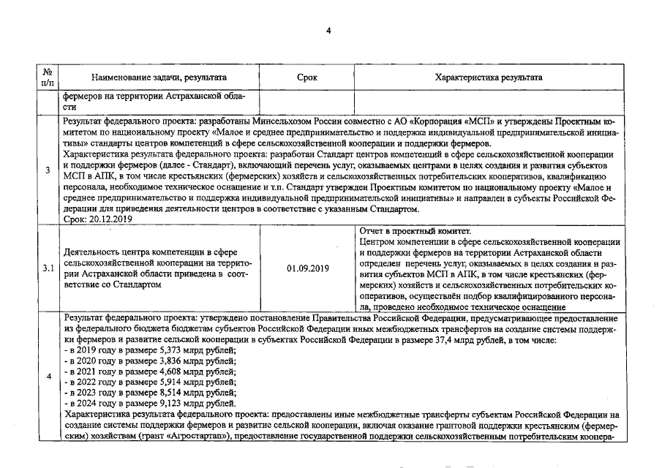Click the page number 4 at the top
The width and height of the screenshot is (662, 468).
tap(328, 30)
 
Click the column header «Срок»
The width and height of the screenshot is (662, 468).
tap(307, 77)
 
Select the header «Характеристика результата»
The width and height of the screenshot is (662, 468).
tap(488, 77)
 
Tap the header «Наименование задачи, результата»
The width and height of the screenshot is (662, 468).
tap(159, 77)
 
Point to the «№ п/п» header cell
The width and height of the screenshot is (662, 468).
tap(48, 77)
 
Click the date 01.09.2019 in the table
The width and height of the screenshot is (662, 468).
tap(307, 269)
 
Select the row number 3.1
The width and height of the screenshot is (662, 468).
tap(48, 269)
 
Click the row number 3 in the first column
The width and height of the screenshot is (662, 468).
tap(48, 170)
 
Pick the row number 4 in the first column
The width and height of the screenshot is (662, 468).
tap(48, 377)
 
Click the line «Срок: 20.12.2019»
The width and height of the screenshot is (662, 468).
tap(97, 219)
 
